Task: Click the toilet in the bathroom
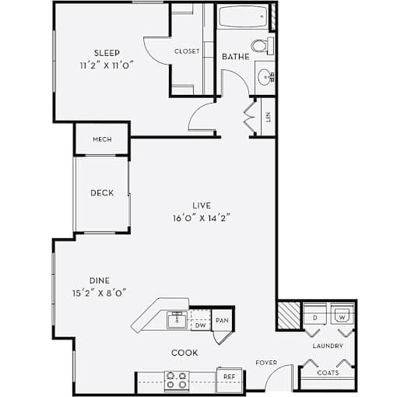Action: click(x=262, y=46)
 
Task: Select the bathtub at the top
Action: click(x=243, y=17)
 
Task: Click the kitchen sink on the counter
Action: click(x=177, y=321)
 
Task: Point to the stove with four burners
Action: click(x=177, y=380)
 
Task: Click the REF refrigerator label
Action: click(x=229, y=377)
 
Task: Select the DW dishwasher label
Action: click(x=200, y=325)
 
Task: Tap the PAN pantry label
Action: click(x=222, y=321)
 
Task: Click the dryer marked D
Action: click(x=314, y=314)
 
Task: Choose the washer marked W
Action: click(x=343, y=314)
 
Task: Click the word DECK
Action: click(x=102, y=193)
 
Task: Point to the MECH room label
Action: click(x=102, y=139)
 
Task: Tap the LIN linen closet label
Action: click(x=269, y=117)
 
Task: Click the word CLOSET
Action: click(x=187, y=51)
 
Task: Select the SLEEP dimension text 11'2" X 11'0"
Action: click(x=107, y=65)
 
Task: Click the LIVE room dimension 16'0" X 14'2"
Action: click(x=202, y=218)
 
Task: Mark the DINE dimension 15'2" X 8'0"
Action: click(x=100, y=293)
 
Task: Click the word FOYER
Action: click(x=266, y=363)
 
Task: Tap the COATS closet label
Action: click(x=328, y=373)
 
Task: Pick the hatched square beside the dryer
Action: click(x=289, y=315)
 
